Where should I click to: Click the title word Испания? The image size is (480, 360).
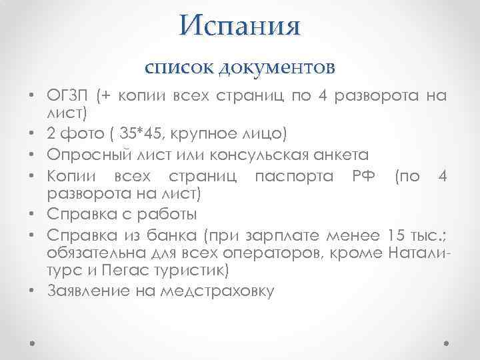click(240, 26)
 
